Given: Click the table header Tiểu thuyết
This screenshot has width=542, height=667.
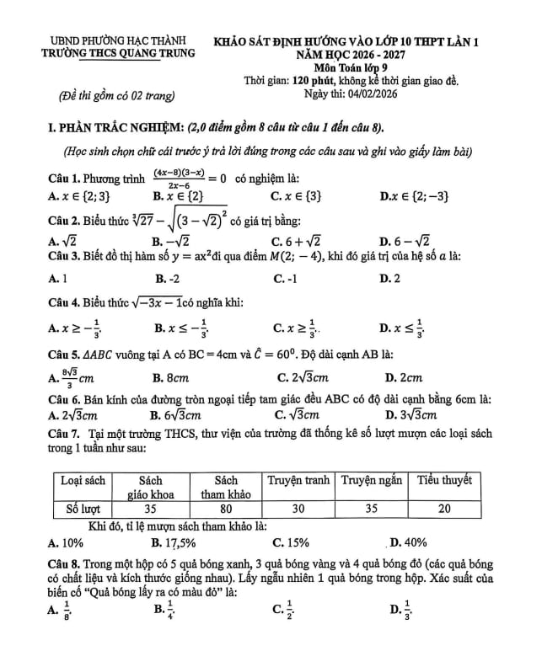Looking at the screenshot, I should tap(444, 480).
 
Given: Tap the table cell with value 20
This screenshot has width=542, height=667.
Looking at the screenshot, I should tap(444, 509).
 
